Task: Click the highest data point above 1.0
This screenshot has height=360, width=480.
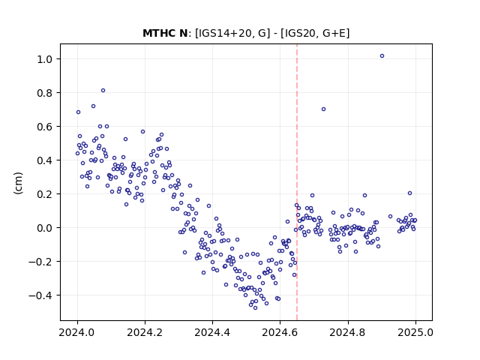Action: click(382, 56)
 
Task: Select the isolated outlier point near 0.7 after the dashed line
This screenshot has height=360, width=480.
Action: click(323, 109)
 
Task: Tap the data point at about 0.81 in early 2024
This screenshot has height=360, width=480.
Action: click(103, 90)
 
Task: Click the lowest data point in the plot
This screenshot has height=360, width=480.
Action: click(255, 308)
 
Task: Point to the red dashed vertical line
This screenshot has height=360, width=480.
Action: click(297, 182)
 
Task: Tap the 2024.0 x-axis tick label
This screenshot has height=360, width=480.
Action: click(77, 332)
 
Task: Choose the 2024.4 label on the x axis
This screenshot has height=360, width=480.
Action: click(212, 332)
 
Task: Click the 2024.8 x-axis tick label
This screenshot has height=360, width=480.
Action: click(348, 332)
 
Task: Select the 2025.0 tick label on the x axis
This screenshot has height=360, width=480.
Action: click(415, 332)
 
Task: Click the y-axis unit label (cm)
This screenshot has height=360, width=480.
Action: click(18, 183)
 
